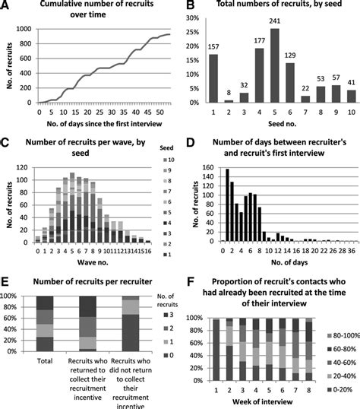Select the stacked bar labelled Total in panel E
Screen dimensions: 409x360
click(x=45, y=324)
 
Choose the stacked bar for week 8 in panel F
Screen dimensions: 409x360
click(x=308, y=349)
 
